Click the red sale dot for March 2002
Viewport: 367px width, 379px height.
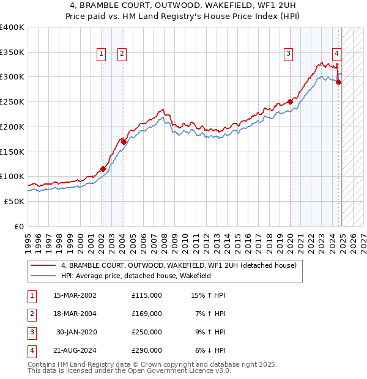point(103,169)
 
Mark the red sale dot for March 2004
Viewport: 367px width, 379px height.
point(124,142)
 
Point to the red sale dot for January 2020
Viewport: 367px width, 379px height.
point(290,102)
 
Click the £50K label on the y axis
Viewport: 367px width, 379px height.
point(15,201)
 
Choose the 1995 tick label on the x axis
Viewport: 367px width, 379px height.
point(28,241)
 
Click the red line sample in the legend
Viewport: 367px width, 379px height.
point(43,266)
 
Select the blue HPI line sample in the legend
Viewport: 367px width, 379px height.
point(43,276)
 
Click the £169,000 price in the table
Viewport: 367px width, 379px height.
point(147,314)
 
